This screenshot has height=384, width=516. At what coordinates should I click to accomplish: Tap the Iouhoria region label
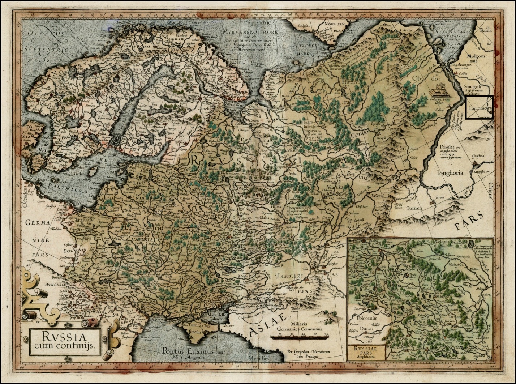[x=450, y=173]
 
